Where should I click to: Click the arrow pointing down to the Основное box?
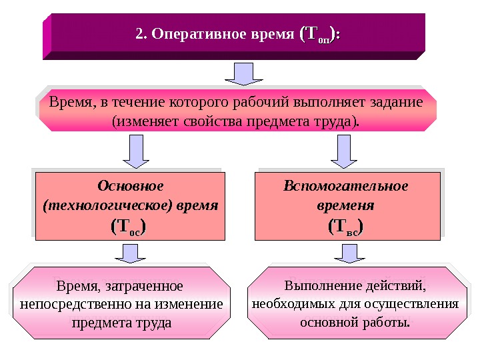click(137, 151)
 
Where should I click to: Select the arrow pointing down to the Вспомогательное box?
click(345, 151)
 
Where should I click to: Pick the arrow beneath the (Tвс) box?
click(348, 254)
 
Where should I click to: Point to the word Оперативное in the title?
click(191, 33)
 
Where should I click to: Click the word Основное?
click(131, 184)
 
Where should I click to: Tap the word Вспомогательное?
click(346, 184)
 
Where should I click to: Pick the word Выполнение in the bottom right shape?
click(323, 286)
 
